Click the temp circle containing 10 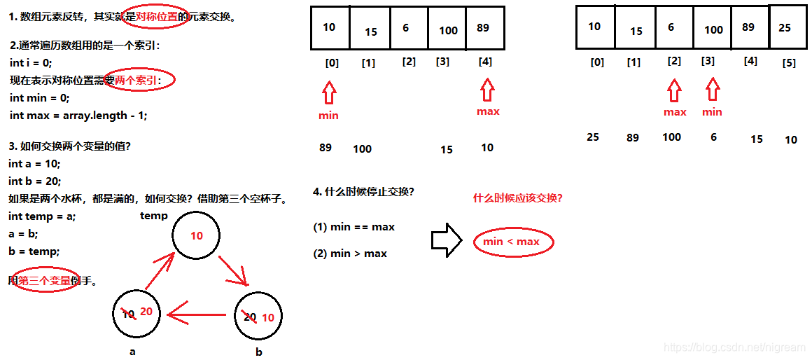(x=197, y=236)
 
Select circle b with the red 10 (x=258, y=317)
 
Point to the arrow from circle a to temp (x=159, y=272)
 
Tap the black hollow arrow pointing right (x=446, y=240)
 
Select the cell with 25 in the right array (x=784, y=28)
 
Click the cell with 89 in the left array (x=483, y=28)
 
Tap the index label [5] (x=788, y=63)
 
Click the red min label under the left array (x=328, y=116)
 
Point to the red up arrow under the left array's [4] (x=487, y=90)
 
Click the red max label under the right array (x=675, y=112)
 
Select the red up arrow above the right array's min (x=712, y=90)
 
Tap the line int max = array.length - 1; (x=78, y=115)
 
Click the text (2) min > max (x=350, y=254)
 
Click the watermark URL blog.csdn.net (x=734, y=347)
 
